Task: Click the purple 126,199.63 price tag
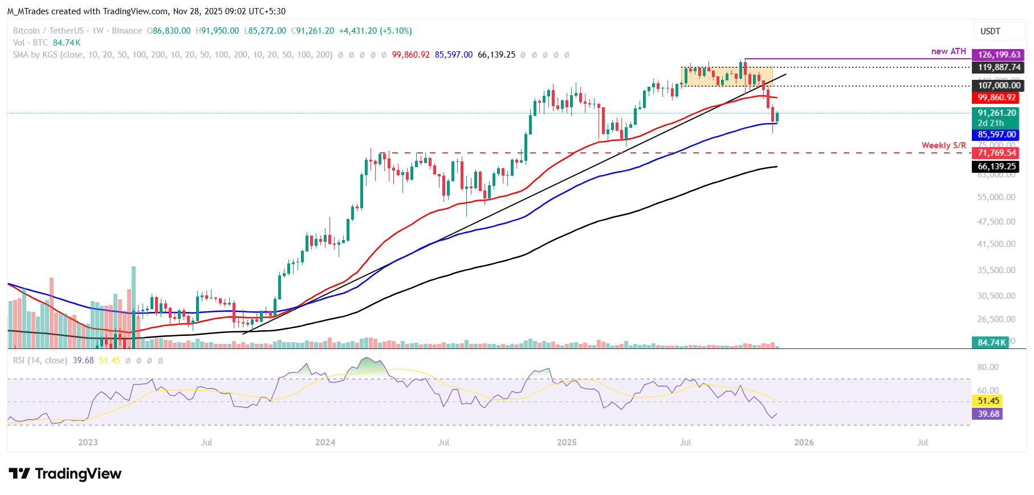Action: [x=999, y=55]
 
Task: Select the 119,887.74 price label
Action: [x=999, y=67]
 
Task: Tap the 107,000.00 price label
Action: [x=999, y=86]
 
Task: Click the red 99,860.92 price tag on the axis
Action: [x=996, y=98]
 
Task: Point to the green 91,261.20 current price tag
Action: [x=996, y=113]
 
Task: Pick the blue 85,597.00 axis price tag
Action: [x=996, y=135]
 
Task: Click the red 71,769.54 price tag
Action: [x=996, y=153]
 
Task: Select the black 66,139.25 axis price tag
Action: [x=996, y=167]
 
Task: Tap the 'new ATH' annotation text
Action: [x=948, y=51]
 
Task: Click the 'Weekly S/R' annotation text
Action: [x=943, y=145]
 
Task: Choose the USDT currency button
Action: [x=990, y=31]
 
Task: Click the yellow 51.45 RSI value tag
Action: [x=988, y=401]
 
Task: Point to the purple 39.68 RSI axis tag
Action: [x=988, y=414]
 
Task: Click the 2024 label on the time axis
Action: [x=325, y=443]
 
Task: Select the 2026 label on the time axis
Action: [x=804, y=443]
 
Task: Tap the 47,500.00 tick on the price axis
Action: [x=996, y=221]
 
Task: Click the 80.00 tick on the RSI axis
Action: [x=988, y=367]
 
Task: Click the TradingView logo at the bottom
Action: [x=65, y=474]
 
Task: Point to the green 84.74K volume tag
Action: [x=992, y=343]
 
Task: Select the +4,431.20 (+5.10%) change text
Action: [x=375, y=31]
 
